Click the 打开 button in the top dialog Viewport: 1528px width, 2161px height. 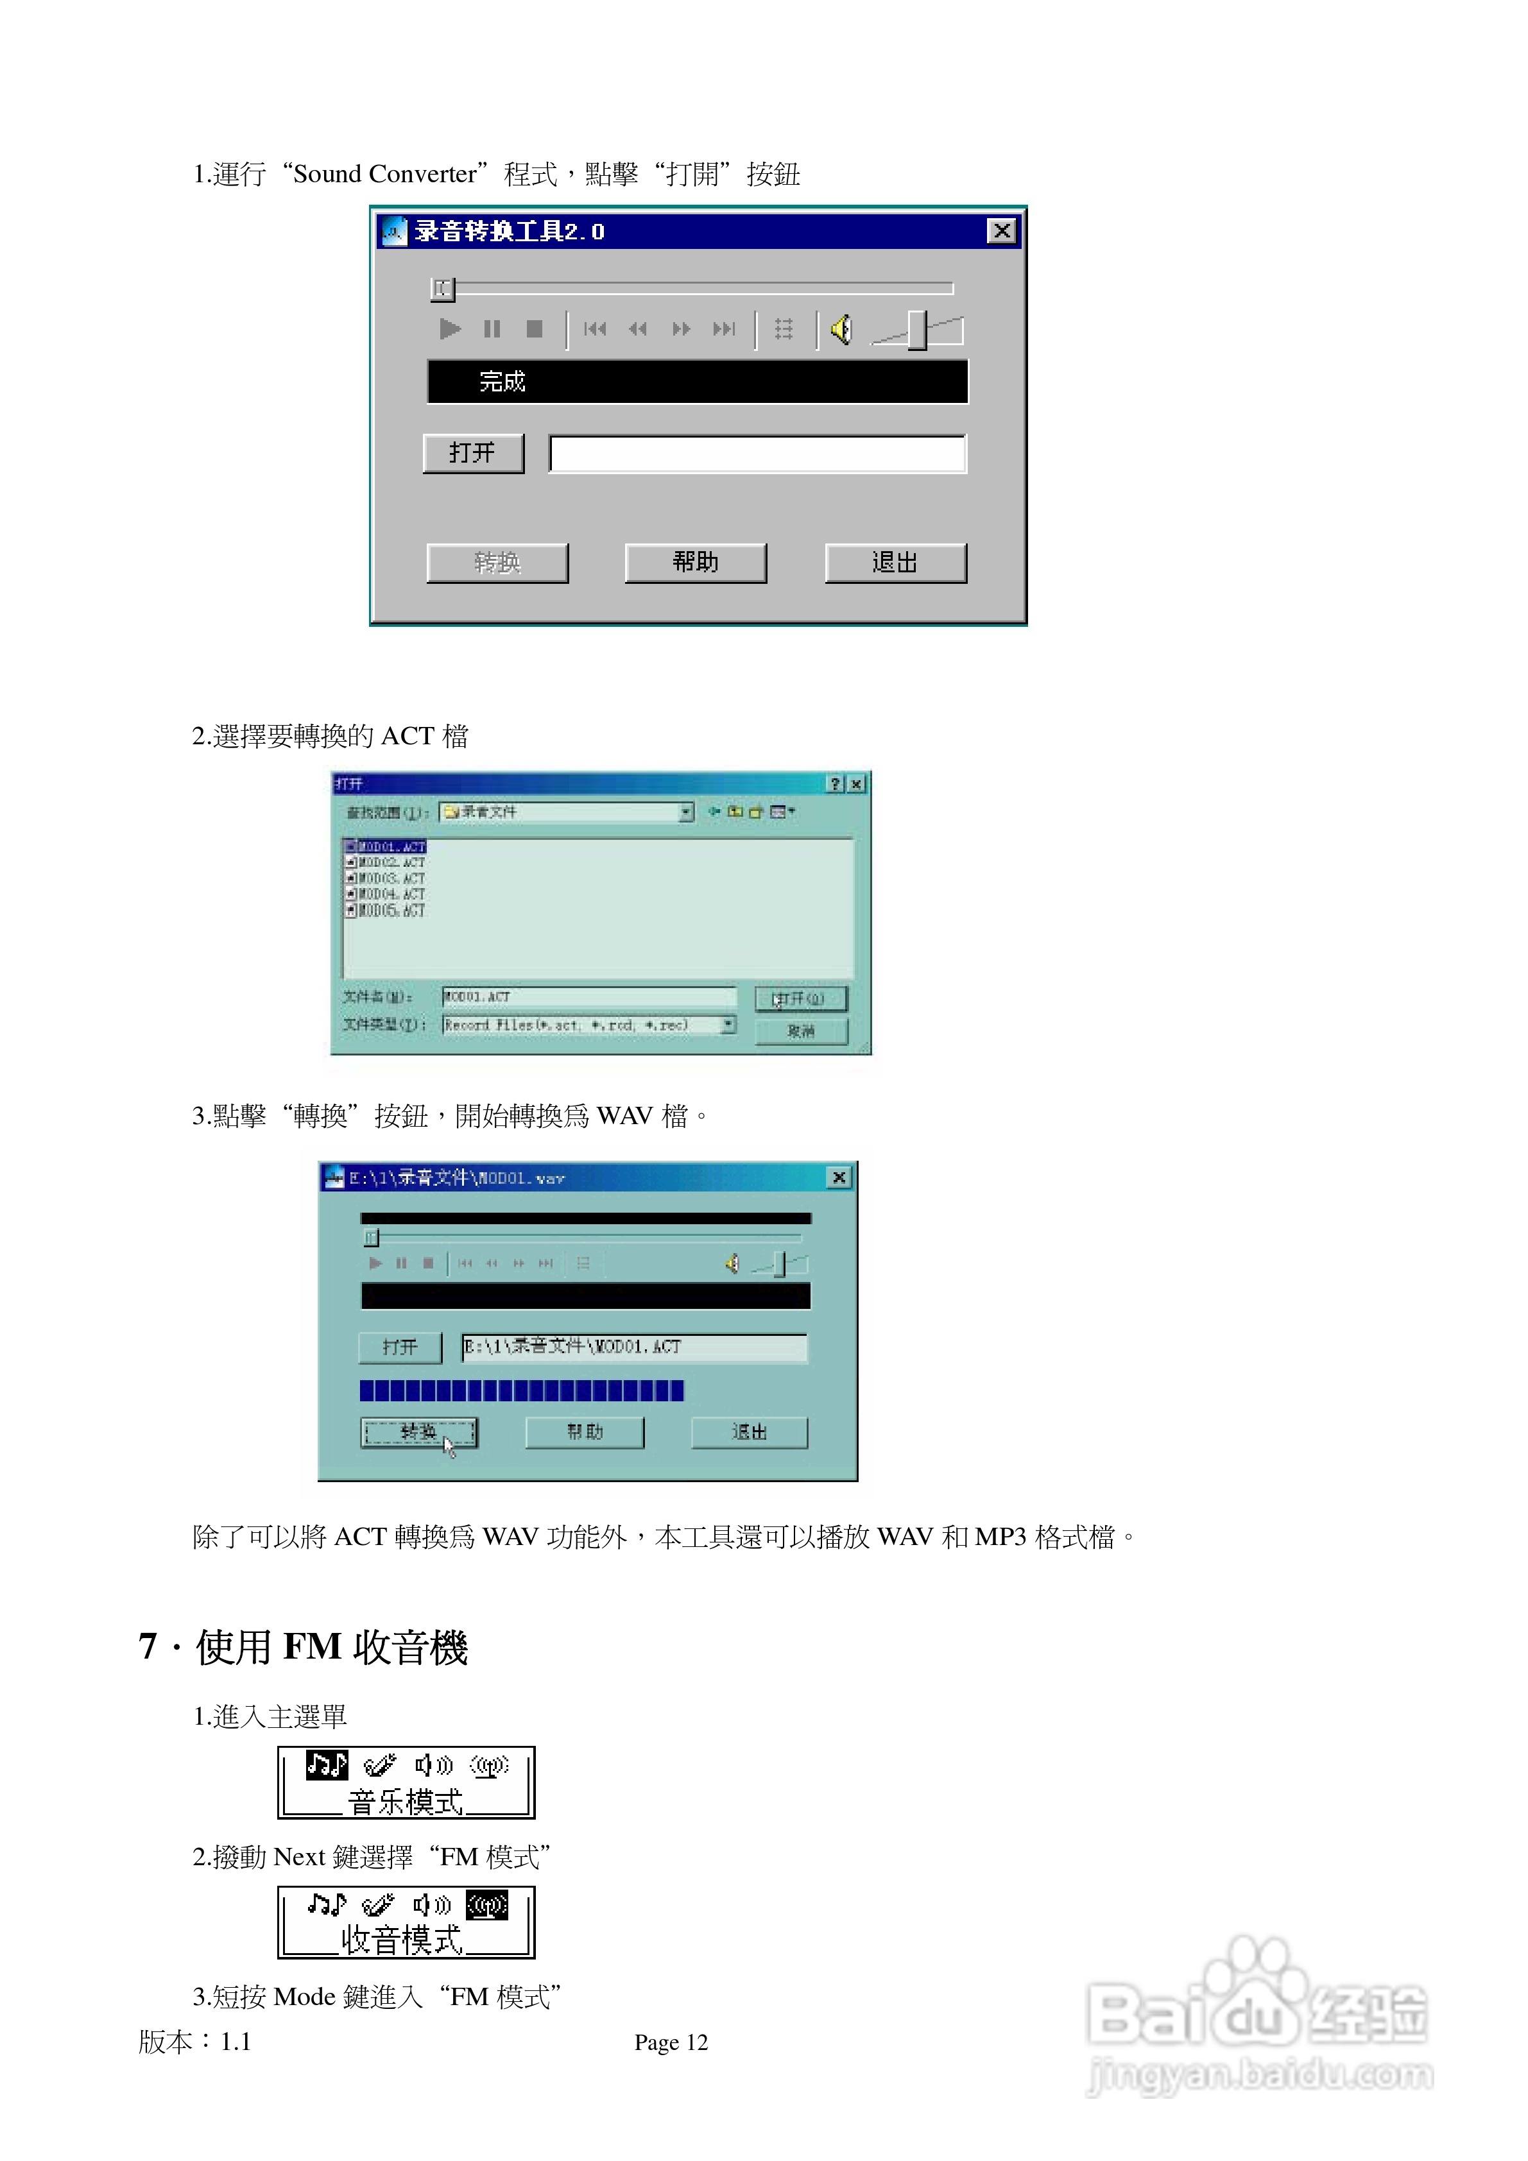[472, 454]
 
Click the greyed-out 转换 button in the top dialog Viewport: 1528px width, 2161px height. [497, 563]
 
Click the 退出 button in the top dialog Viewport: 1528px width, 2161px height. [895, 563]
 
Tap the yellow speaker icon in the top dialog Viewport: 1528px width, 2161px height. [841, 329]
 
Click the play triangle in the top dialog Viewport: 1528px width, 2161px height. [450, 329]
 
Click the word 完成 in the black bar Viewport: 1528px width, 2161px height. [502, 381]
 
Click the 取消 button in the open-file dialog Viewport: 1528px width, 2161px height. [801, 1030]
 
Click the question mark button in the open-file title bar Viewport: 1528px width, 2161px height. [835, 784]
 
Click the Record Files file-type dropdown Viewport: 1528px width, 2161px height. [589, 1025]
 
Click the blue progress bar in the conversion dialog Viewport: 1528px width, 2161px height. [522, 1390]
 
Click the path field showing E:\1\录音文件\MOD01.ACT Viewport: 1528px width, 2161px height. [633, 1347]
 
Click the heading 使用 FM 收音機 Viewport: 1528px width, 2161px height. [330, 1647]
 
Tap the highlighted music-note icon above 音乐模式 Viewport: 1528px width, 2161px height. [327, 1764]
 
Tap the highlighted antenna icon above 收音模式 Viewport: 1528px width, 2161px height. [488, 1905]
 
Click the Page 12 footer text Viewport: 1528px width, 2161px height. [671, 2042]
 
